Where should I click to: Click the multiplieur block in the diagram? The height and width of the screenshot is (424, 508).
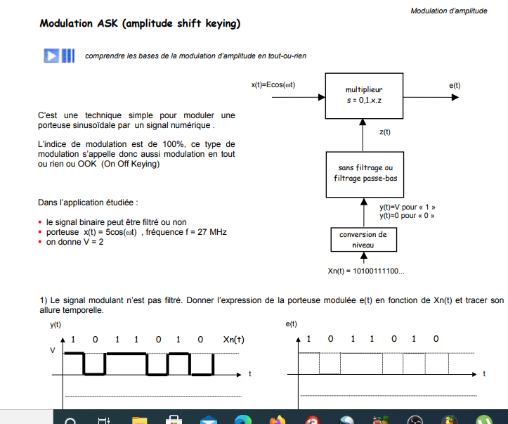[x=363, y=95]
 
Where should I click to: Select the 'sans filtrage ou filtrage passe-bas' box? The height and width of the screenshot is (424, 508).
[x=363, y=173]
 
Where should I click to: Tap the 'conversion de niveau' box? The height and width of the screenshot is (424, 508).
[x=363, y=240]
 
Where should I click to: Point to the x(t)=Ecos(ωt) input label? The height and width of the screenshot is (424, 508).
[x=273, y=85]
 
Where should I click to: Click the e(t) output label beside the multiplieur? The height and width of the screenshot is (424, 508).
[x=455, y=85]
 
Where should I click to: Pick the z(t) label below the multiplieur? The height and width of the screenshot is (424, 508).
[x=384, y=131]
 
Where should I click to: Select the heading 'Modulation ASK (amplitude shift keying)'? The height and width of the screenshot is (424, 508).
[x=140, y=23]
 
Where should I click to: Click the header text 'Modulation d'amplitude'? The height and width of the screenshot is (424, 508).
[x=448, y=11]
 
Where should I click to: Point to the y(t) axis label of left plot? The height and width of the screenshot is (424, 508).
[x=56, y=324]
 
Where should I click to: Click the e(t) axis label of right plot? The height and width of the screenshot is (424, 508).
[x=292, y=324]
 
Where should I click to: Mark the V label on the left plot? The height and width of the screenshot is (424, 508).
[x=52, y=351]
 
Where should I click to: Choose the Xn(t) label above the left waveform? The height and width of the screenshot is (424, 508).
[x=234, y=339]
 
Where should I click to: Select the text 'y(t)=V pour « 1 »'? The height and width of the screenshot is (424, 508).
[x=407, y=207]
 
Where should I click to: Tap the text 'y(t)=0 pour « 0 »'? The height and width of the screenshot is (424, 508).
[x=406, y=215]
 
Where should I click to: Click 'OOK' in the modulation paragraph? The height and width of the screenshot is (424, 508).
[x=86, y=164]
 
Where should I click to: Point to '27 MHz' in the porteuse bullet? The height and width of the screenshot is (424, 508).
[x=212, y=232]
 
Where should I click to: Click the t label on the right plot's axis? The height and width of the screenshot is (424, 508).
[x=483, y=373]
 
